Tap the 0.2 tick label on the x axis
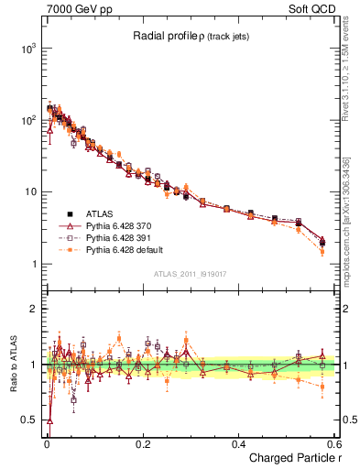(x=142, y=444)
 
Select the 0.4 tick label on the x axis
(x=237, y=444)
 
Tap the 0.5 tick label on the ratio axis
(x=27, y=421)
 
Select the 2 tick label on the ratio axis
(x=32, y=309)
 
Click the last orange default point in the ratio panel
(x=322, y=387)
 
